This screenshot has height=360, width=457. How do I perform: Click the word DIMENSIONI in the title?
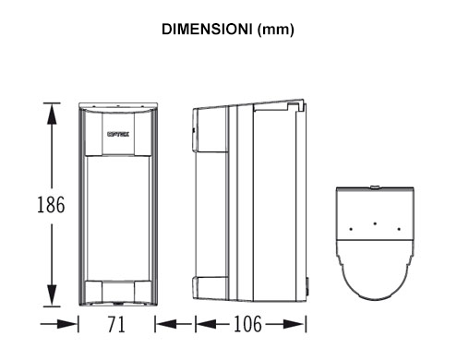pyautogui.click(x=207, y=30)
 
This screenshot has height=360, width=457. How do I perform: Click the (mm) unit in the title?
pyautogui.click(x=275, y=30)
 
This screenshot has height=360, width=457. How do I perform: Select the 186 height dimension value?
pyautogui.click(x=51, y=205)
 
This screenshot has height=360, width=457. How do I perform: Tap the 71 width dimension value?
pyautogui.click(x=116, y=324)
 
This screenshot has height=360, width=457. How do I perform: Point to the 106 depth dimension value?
pyautogui.click(x=248, y=324)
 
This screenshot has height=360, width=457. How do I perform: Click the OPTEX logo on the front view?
pyautogui.click(x=118, y=134)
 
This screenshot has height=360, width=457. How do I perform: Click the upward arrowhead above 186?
pyautogui.click(x=52, y=114)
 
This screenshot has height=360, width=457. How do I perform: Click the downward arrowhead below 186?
pyautogui.click(x=52, y=295)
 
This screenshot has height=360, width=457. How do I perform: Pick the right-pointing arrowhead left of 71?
pyautogui.click(x=66, y=324)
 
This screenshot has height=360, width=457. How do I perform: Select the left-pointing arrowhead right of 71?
pyautogui.click(x=166, y=324)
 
